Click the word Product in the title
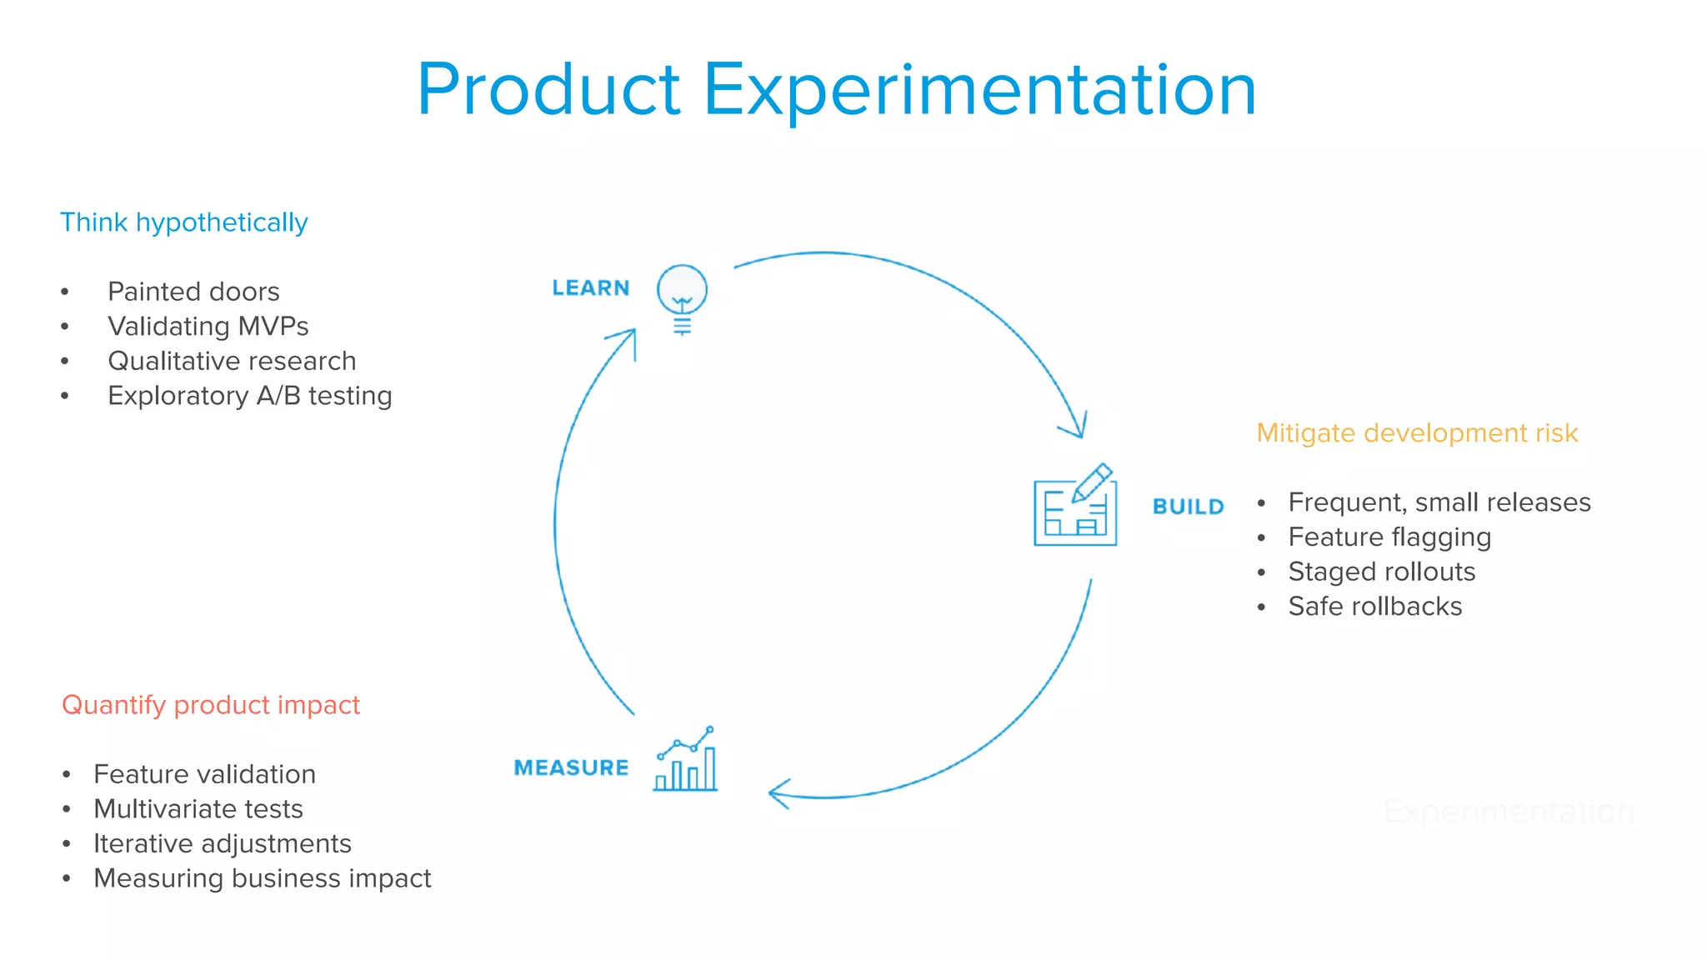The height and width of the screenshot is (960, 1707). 548,89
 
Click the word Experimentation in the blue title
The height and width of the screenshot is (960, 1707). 979,89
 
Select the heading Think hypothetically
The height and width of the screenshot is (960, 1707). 183,222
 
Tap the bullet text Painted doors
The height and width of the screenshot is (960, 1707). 193,292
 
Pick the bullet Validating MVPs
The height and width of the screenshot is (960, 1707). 208,326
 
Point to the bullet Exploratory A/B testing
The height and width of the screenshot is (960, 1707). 249,396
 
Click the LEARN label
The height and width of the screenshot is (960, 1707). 590,288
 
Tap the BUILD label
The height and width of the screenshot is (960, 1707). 1188,507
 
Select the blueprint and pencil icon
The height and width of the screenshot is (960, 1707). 1075,507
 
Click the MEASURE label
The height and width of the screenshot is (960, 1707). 571,767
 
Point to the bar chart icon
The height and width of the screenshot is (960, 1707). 686,760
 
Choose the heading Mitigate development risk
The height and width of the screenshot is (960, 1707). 1416,433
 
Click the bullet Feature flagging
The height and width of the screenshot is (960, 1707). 1389,537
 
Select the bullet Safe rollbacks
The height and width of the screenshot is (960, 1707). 1374,607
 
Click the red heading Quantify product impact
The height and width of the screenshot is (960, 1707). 211,705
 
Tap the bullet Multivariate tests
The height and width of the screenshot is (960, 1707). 198,809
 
